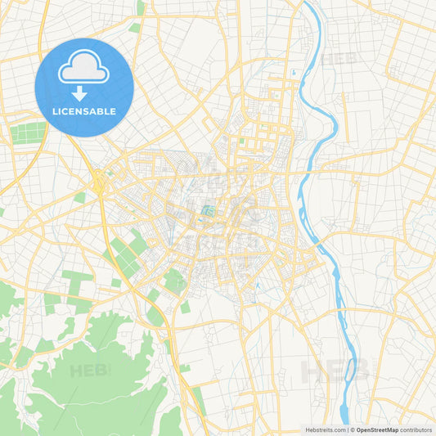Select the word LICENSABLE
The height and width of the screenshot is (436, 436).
(83, 111)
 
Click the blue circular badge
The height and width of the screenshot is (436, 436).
(83, 87)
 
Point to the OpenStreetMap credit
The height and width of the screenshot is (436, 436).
(376, 429)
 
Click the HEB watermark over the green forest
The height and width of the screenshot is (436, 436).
(90, 371)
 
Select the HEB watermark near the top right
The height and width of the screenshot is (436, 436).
(339, 59)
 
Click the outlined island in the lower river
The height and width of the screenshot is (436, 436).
(352, 372)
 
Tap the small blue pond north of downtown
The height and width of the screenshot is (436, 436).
(292, 73)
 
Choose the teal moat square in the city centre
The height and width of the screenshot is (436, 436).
(205, 216)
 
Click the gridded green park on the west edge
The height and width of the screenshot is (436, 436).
(29, 132)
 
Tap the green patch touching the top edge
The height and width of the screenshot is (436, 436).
(140, 7)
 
